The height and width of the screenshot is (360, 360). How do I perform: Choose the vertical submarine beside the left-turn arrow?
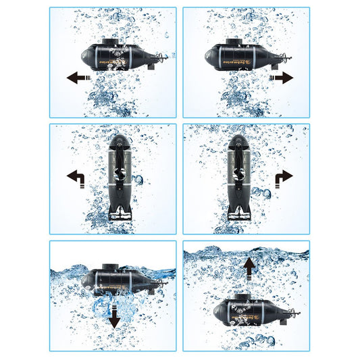[118, 177]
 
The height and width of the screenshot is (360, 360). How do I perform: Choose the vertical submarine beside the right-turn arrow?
[238, 177]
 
